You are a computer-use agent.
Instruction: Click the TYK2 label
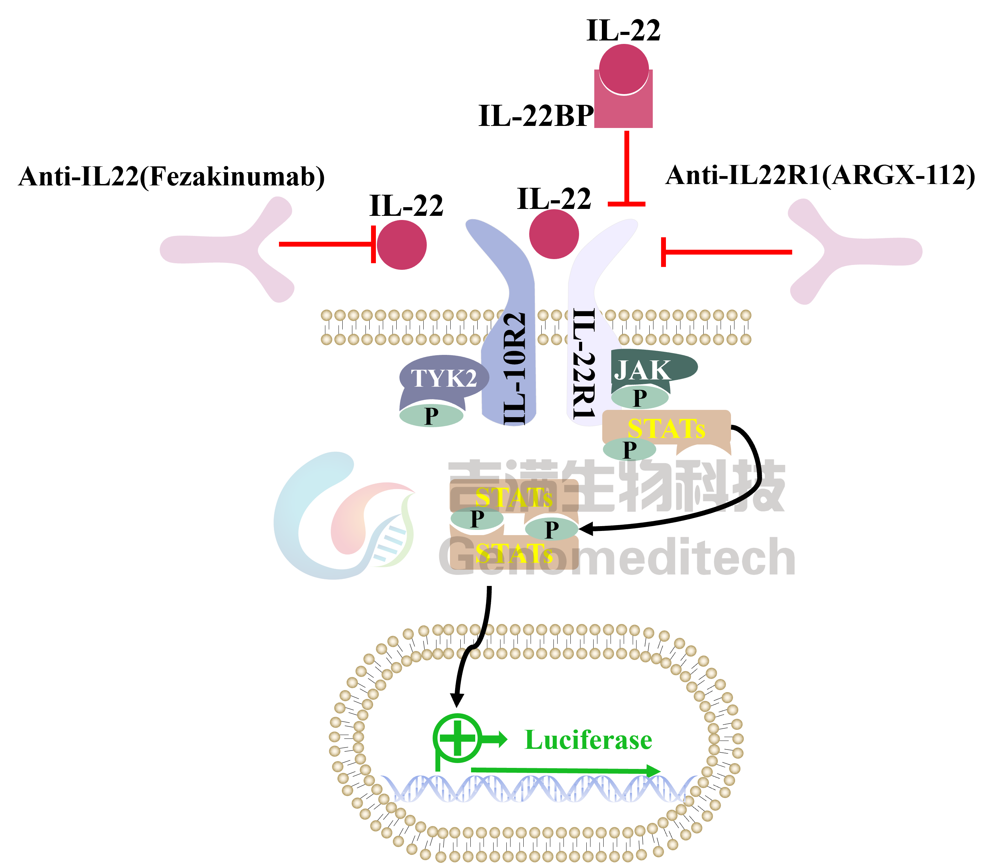point(444,378)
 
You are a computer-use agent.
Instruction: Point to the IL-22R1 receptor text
point(584,364)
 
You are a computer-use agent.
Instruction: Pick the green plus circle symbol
point(457,738)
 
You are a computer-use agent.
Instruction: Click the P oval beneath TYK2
point(431,416)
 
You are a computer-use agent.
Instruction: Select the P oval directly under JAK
point(640,398)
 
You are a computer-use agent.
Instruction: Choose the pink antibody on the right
point(853,251)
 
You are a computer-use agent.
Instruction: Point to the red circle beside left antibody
point(401,245)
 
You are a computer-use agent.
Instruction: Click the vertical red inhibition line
point(626,166)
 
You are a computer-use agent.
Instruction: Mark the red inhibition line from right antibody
point(728,252)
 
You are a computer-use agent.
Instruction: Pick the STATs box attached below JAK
point(666,428)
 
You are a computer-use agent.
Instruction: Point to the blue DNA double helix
point(537,790)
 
